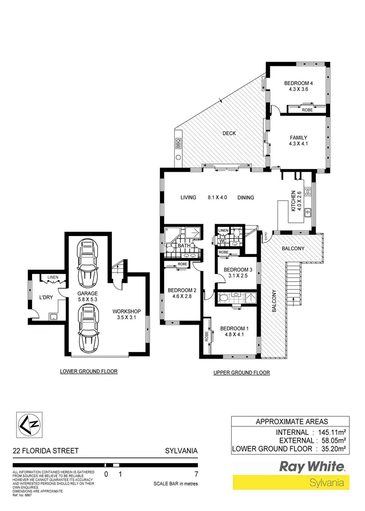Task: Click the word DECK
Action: (229, 133)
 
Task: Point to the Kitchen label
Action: (294, 201)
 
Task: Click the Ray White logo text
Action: (312, 467)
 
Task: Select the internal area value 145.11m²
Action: (330, 432)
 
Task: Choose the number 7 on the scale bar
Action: (196, 474)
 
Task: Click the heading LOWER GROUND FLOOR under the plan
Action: (89, 371)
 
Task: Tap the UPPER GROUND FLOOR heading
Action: (241, 373)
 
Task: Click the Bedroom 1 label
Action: (234, 328)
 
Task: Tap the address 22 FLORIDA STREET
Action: (45, 451)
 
